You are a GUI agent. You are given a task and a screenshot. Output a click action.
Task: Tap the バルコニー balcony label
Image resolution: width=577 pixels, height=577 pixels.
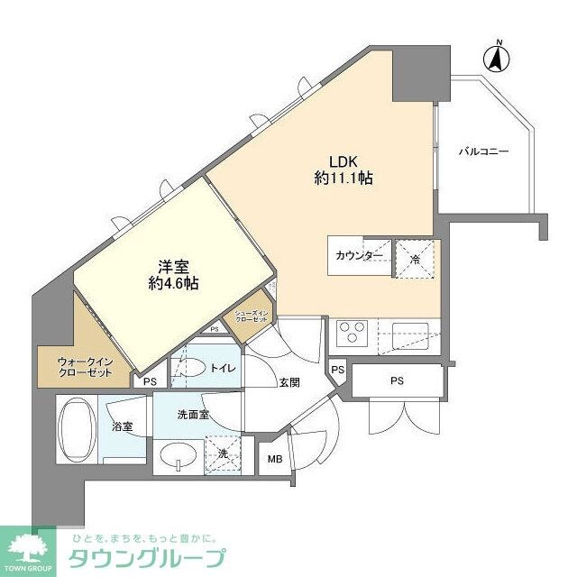(484, 151)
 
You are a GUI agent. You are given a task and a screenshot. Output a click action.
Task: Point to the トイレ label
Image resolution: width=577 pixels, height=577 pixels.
(221, 368)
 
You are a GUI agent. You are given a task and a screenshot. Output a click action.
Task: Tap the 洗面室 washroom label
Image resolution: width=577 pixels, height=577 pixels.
(193, 414)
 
